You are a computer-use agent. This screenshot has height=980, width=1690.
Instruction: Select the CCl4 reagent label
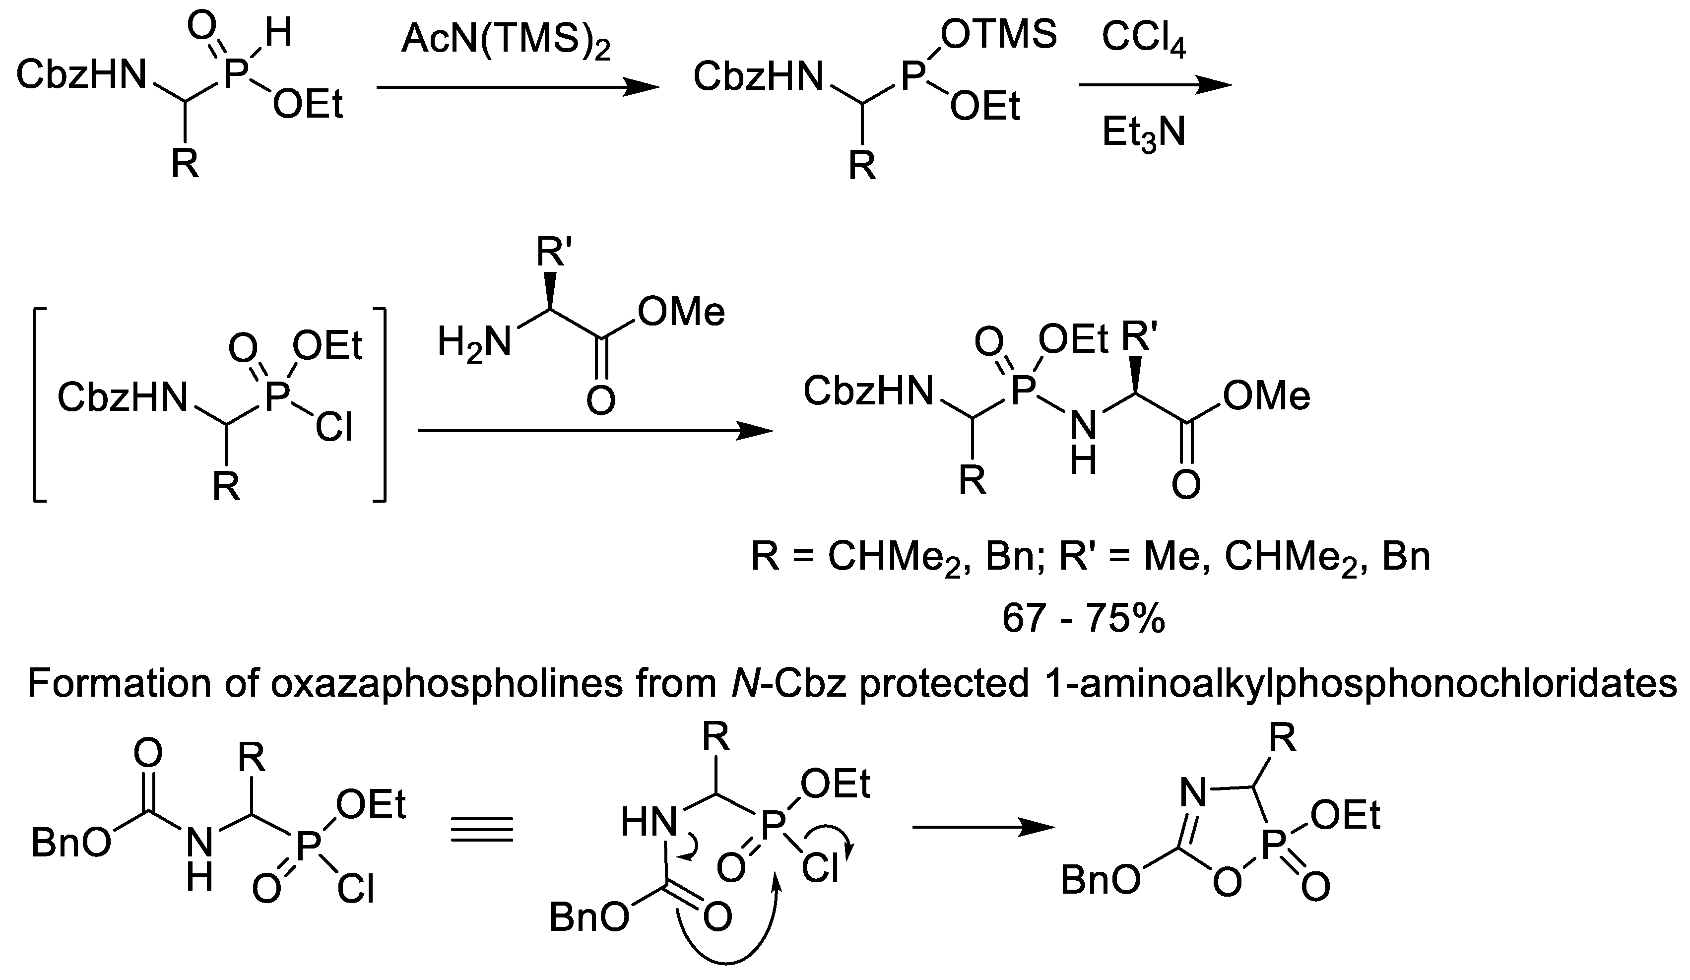coord(1143,40)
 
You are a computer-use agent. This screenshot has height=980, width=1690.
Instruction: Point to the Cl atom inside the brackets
coord(333,427)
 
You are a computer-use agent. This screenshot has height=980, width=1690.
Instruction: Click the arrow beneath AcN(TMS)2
coord(517,87)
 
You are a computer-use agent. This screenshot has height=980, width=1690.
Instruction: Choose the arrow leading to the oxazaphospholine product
coord(983,828)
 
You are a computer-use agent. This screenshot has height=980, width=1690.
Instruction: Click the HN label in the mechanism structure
coord(647,822)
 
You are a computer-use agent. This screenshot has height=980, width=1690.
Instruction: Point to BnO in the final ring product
coord(1100,880)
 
